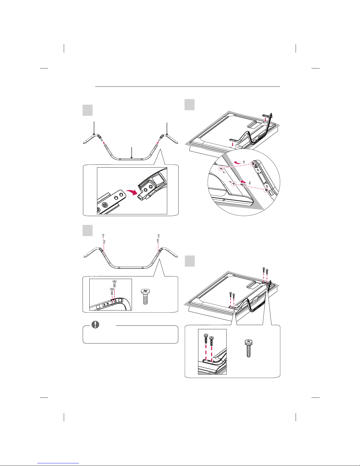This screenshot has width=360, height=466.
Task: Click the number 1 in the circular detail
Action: [244, 162]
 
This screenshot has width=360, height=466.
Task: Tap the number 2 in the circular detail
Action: [250, 183]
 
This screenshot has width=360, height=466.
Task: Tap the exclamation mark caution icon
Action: [95, 325]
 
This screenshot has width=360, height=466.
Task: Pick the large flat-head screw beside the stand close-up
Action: [145, 297]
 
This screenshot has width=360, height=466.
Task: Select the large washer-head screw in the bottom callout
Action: [248, 348]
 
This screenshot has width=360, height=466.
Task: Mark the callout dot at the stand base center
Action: [132, 158]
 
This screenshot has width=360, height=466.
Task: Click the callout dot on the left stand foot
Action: [94, 134]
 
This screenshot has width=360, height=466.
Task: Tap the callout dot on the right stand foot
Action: [167, 134]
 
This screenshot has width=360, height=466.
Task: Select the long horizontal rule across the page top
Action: [187, 87]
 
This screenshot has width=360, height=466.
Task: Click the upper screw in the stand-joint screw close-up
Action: [115, 283]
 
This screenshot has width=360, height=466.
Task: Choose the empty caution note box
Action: [130, 334]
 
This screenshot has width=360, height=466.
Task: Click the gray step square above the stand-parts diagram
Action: [88, 110]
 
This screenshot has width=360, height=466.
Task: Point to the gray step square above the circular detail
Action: [190, 105]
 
